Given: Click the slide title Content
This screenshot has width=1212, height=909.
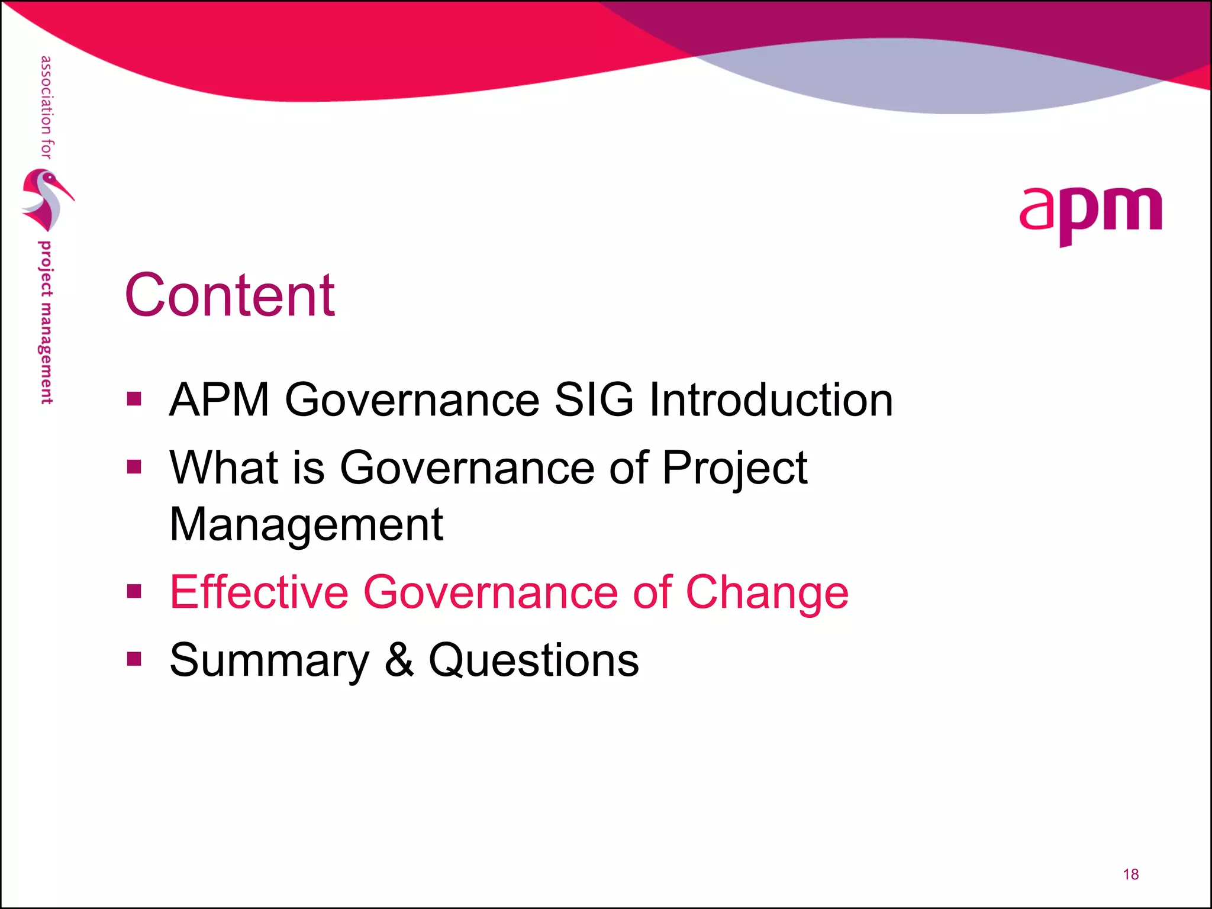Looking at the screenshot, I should coord(230,295).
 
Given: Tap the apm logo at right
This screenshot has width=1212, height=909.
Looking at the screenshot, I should coord(1090,214).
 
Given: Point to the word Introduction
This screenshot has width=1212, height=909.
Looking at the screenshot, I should coord(771,399).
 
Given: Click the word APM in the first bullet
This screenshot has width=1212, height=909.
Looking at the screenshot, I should coord(220,399).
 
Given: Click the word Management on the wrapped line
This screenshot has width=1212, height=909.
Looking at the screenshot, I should coord(306,525).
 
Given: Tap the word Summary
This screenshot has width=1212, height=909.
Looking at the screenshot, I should coord(269,661).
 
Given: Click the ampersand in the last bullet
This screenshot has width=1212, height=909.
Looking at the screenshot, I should coord(399,660).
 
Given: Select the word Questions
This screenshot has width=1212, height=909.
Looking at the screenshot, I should coord(533,660).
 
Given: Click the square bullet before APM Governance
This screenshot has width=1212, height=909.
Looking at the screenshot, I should coord(134,399).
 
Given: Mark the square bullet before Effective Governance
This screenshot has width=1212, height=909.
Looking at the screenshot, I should coord(134,591).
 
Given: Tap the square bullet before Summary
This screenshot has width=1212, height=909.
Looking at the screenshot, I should coord(134,659).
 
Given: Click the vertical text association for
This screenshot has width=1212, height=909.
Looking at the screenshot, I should coord(46,107).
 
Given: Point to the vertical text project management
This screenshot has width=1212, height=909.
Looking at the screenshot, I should coord(46,323).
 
